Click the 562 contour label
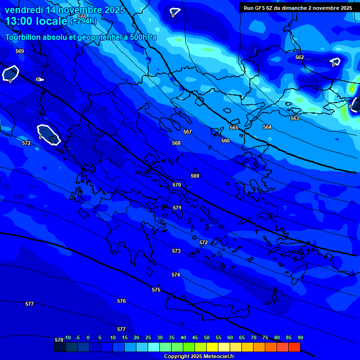pos(300,57)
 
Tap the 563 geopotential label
pos(295,118)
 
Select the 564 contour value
pos(267,127)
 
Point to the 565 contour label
pos(234,127)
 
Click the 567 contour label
pos(187,132)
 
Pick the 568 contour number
pos(176,143)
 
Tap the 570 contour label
pos(177,185)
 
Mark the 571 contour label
pos(177,208)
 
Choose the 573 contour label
pos(176,251)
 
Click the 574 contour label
pos(176,275)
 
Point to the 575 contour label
pos(156,290)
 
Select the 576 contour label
pos(121,301)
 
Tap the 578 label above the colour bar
pos(59,340)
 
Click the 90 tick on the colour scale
pos(300,337)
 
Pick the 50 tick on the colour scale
pos(207,337)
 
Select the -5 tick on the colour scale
pos(77,337)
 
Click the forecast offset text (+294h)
pos(83,21)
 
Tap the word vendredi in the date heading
pos(24,10)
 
